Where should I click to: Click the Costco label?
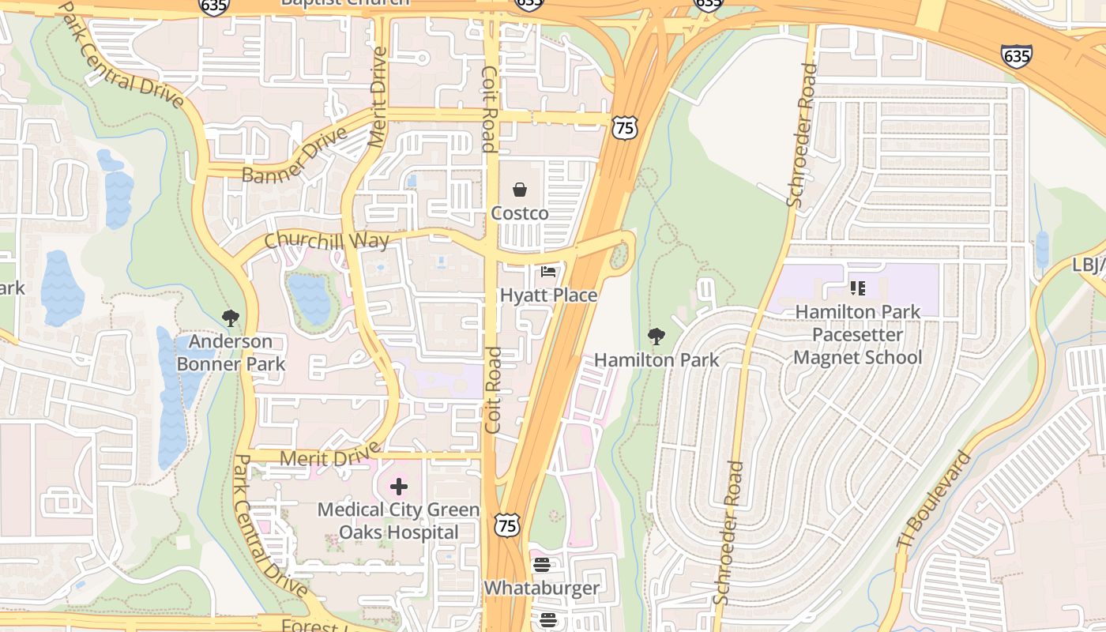520,213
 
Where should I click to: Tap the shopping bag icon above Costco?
520,190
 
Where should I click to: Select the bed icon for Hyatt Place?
548,272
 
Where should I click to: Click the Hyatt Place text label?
548,295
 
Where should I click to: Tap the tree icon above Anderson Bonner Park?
231,319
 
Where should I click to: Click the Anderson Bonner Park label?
231,352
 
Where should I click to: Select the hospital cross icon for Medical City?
399,487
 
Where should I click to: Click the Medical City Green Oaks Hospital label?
399,521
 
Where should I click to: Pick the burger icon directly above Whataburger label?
541,565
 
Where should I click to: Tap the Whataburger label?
541,589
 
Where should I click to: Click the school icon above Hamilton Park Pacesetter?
858,288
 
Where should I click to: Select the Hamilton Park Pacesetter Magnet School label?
858,335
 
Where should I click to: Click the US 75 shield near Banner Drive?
625,127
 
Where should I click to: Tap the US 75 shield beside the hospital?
508,525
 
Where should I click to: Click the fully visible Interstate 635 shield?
1016,55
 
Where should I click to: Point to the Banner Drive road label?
295,156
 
